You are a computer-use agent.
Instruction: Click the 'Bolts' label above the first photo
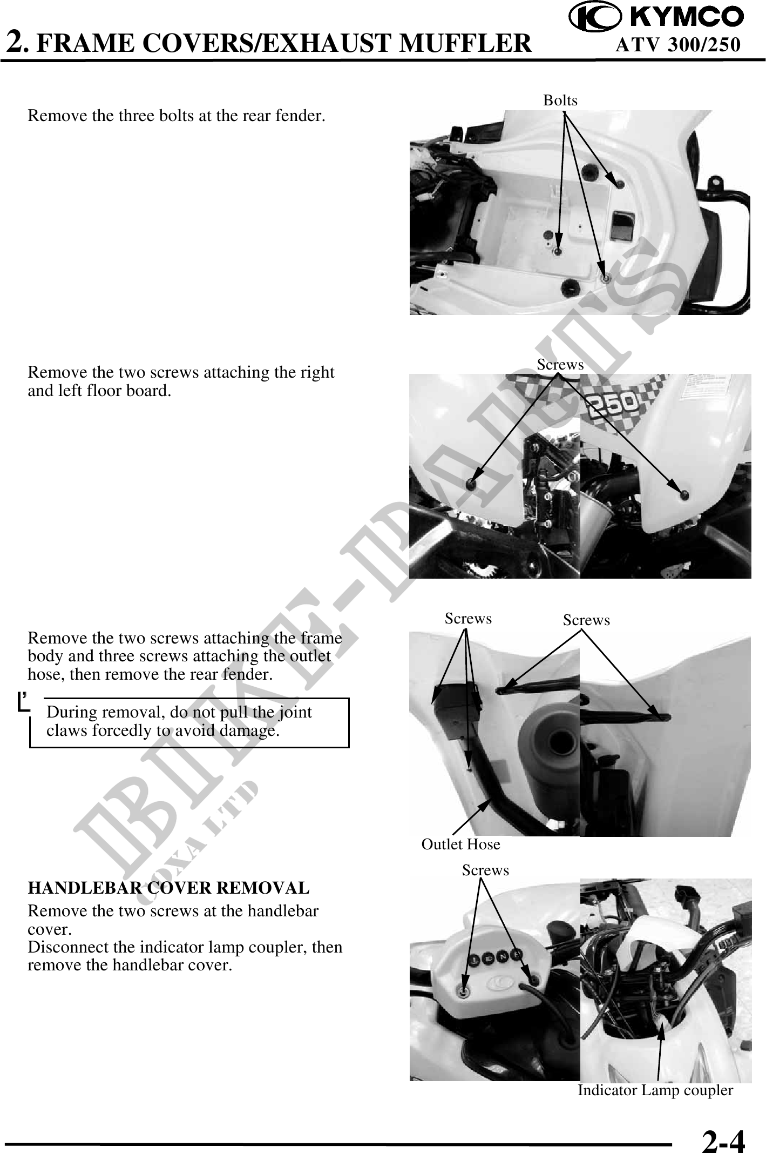coord(560,100)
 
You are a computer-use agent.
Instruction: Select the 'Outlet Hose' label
coord(461,844)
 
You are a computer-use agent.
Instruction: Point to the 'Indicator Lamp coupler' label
coord(655,1090)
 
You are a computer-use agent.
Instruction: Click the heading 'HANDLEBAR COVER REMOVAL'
coord(168,888)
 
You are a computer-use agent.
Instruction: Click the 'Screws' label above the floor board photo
coord(560,365)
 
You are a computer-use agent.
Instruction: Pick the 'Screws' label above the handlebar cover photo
coord(485,870)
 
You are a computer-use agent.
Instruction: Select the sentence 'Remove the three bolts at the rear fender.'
coord(177,116)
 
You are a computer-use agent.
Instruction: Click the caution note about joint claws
coord(189,722)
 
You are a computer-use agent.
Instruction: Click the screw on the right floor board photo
coord(685,494)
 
